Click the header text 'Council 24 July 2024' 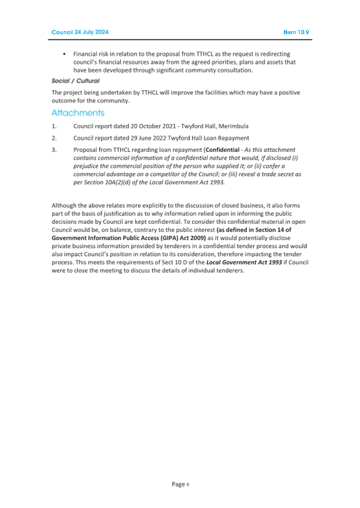click(79, 33)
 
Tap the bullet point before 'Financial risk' click(64, 54)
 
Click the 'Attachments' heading click(78, 113)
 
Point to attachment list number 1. click(54, 126)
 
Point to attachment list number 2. click(54, 138)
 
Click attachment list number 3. click(54, 150)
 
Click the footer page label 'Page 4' click(180, 484)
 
